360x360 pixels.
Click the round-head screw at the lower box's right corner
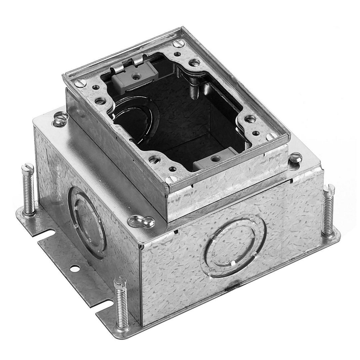tap(295, 157)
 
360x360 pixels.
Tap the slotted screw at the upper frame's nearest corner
tap(171, 180)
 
